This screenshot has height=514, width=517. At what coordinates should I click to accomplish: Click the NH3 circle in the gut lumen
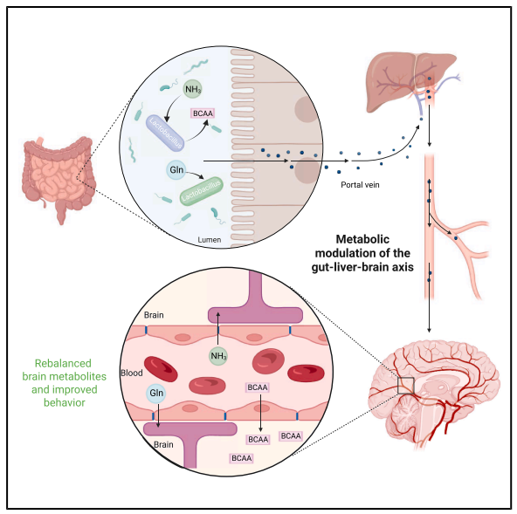192,89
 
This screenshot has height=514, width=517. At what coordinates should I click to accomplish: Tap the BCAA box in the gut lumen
203,113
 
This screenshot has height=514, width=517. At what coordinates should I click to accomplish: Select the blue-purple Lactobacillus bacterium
165,133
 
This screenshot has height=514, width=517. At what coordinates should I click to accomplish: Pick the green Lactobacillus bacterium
201,190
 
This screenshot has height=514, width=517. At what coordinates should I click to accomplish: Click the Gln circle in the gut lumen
176,169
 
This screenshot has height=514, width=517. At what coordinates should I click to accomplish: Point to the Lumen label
210,240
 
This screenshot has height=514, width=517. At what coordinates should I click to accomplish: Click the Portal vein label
360,185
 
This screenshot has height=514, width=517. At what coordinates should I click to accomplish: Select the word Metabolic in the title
362,239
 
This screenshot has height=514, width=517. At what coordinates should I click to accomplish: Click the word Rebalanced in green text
63,363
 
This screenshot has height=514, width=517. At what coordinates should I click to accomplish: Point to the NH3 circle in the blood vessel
218,356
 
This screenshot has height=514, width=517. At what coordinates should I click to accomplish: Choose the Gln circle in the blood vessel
156,393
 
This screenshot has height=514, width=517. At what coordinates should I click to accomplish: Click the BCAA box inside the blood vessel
257,387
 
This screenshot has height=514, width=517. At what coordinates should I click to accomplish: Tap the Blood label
132,373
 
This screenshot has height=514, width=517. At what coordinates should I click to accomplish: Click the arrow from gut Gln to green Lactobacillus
195,175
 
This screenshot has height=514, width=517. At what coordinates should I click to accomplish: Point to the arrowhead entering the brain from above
429,330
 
